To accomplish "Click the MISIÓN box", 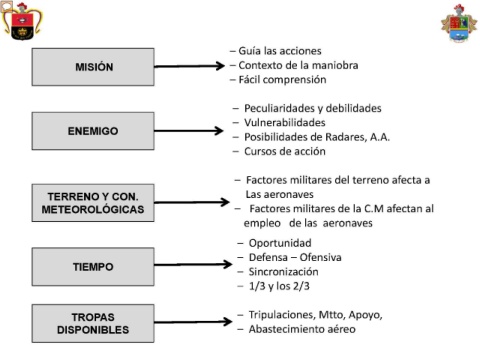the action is [93, 67].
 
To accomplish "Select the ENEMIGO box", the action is [93, 131].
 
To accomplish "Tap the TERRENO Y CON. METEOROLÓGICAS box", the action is [93, 203].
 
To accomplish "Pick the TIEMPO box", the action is [93, 267].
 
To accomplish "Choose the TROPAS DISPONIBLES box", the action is [93, 323].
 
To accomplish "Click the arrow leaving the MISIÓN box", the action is [189, 66].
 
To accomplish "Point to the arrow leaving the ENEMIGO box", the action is [189, 131].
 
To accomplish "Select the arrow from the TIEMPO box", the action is [193, 265].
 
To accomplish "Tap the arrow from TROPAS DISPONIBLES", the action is [193, 322].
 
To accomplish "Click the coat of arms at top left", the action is [22, 21].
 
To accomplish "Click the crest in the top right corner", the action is [459, 23].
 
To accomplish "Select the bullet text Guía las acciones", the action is [280, 51].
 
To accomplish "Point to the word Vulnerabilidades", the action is [285, 123].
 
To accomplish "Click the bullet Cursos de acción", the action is [285, 151].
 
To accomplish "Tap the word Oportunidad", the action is [280, 243].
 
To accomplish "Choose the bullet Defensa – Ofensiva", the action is [295, 257].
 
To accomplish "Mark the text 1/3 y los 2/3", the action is [279, 286].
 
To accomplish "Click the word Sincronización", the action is [283, 272].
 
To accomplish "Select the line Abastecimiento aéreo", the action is [302, 329].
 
